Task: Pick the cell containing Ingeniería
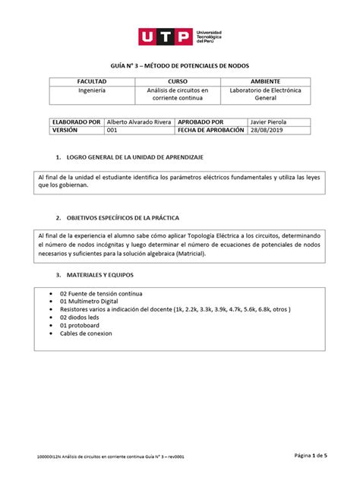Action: coord(92,90)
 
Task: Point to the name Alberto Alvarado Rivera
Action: coord(139,120)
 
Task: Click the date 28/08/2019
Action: coord(268,130)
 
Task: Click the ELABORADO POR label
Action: coord(75,120)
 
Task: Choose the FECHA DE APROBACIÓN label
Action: coord(210,130)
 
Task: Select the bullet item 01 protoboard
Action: coord(84,329)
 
